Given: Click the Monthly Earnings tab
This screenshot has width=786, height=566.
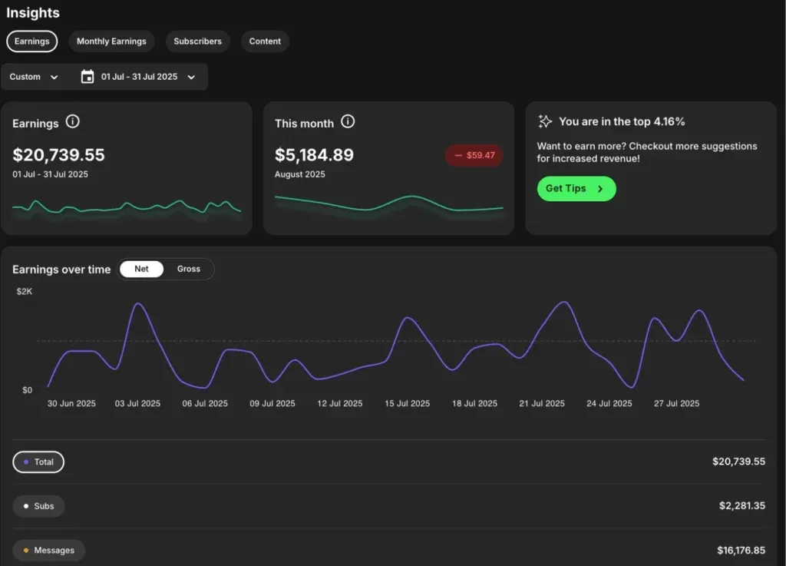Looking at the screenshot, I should (111, 41).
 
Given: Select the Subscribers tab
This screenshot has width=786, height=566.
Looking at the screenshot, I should (197, 41).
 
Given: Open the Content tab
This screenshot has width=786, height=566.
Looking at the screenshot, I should (265, 41).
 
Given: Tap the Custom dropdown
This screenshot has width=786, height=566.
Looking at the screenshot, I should (34, 77).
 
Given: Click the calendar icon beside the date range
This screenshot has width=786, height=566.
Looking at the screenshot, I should (88, 77).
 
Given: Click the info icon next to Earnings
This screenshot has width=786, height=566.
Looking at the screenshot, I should (73, 121).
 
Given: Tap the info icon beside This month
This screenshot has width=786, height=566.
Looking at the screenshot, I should (348, 121).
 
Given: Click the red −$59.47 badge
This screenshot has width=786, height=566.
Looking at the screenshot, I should (474, 155).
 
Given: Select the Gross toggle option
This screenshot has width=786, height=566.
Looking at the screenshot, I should (188, 269).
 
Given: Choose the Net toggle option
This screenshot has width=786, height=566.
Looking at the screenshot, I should (141, 269).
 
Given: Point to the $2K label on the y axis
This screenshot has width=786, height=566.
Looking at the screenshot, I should (25, 292).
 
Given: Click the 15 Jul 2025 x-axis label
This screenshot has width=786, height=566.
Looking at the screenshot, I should (407, 403).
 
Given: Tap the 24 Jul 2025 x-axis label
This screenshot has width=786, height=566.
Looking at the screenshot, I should (609, 403).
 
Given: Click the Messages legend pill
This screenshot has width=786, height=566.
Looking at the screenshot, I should (48, 550).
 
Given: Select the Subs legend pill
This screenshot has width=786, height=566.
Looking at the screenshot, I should (38, 506).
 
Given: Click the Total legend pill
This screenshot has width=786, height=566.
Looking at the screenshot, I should (38, 462).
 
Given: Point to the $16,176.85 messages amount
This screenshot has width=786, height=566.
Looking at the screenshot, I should (738, 550).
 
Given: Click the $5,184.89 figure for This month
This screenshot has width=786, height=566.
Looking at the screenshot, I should (314, 155).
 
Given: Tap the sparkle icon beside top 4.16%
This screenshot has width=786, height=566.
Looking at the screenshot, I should (545, 121).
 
